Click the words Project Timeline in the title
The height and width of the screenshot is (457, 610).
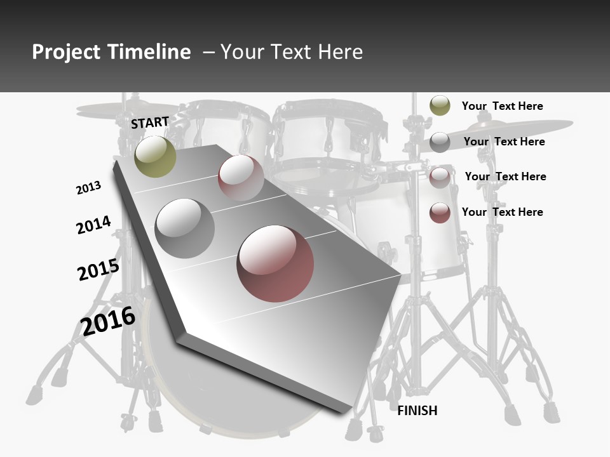tap(111, 52)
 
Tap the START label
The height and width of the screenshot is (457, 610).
tap(150, 123)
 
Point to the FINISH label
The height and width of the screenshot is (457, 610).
tap(417, 411)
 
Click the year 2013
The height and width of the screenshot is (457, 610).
tap(88, 188)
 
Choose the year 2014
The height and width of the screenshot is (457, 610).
tap(93, 225)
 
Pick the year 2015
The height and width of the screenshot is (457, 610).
tap(98, 270)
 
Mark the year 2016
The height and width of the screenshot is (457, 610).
tap(108, 321)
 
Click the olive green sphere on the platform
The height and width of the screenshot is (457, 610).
tap(155, 156)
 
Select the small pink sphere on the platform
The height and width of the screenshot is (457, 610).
tap(241, 177)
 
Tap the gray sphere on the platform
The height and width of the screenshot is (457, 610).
tap(184, 228)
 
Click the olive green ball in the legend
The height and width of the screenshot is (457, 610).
tap(440, 105)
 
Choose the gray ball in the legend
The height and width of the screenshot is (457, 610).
tap(440, 142)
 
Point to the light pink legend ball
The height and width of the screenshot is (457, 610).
tap(440, 178)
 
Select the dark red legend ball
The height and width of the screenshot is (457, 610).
tap(440, 213)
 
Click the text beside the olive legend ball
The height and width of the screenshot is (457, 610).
tap(502, 106)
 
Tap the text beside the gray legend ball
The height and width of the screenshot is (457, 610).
tap(504, 142)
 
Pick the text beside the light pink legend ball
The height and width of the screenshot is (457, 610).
tap(505, 176)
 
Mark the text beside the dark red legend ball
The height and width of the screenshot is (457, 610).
tap(502, 212)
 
